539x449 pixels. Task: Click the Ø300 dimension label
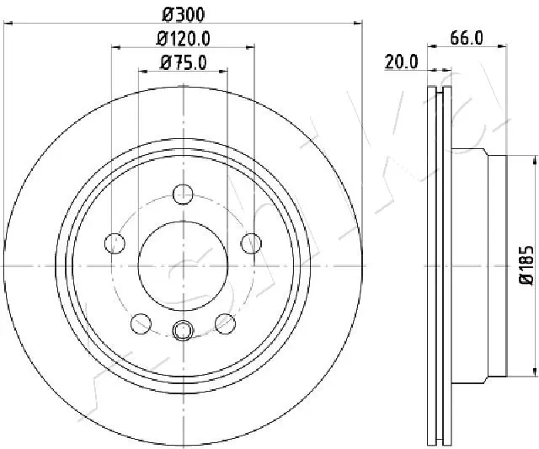(x=183, y=14)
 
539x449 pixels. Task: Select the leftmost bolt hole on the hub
(x=114, y=243)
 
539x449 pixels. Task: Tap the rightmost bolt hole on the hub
(x=250, y=243)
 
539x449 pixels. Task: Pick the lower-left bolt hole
(x=140, y=323)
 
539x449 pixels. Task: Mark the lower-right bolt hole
(x=224, y=323)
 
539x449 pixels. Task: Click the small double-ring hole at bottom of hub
(x=182, y=331)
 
